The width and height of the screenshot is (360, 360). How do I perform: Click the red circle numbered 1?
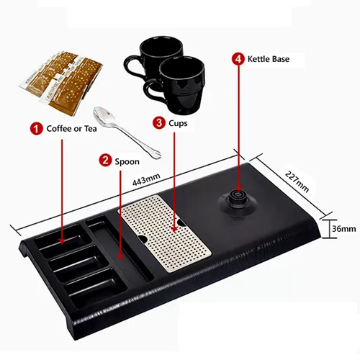pyautogui.click(x=36, y=129)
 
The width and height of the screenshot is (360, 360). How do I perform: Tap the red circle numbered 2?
pyautogui.click(x=105, y=161)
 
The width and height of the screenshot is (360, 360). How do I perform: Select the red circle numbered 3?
pyautogui.click(x=159, y=123)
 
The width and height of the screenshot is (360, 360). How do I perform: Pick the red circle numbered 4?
pyautogui.click(x=238, y=59)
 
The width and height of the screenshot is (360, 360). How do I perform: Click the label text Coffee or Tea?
pyautogui.click(x=71, y=129)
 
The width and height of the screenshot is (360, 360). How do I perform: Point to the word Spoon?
pyautogui.click(x=127, y=161)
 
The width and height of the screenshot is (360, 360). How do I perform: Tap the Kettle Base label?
pyautogui.click(x=269, y=59)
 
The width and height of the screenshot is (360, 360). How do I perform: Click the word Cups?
pyautogui.click(x=178, y=123)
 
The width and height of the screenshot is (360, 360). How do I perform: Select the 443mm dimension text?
pyautogui.click(x=146, y=179)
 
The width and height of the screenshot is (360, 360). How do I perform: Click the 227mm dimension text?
pyautogui.click(x=297, y=181)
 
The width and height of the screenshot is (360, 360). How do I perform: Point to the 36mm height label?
pyautogui.click(x=343, y=229)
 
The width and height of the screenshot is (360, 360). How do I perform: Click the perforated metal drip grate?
pyautogui.click(x=164, y=233)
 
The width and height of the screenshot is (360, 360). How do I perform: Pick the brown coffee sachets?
pyautogui.click(x=61, y=82)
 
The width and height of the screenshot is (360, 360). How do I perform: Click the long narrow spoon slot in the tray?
pyautogui.click(x=120, y=248)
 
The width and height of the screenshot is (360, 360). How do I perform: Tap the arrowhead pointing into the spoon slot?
pyautogui.click(x=120, y=256)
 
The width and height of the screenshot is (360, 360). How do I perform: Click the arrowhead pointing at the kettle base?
pyautogui.click(x=238, y=188)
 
